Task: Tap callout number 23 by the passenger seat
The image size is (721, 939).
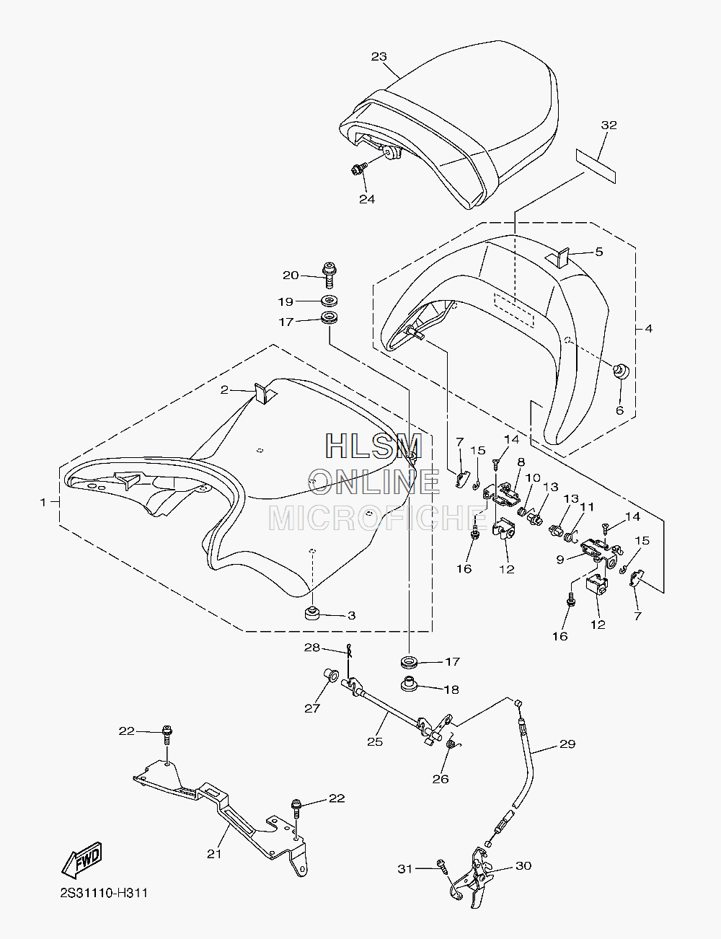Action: [379, 56]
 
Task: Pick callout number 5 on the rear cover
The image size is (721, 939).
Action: [598, 252]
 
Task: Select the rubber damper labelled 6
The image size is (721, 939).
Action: [622, 371]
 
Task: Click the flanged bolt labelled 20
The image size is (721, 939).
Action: [329, 274]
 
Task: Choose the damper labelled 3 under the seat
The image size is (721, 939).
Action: [311, 613]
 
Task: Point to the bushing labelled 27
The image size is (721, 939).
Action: [331, 674]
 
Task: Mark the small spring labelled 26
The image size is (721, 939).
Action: [451, 744]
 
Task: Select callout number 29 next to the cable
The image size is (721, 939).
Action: [567, 744]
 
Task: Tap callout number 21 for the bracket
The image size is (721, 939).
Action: [214, 854]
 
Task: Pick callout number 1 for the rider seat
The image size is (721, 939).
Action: [43, 502]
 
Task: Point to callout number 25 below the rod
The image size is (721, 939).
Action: [375, 741]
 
